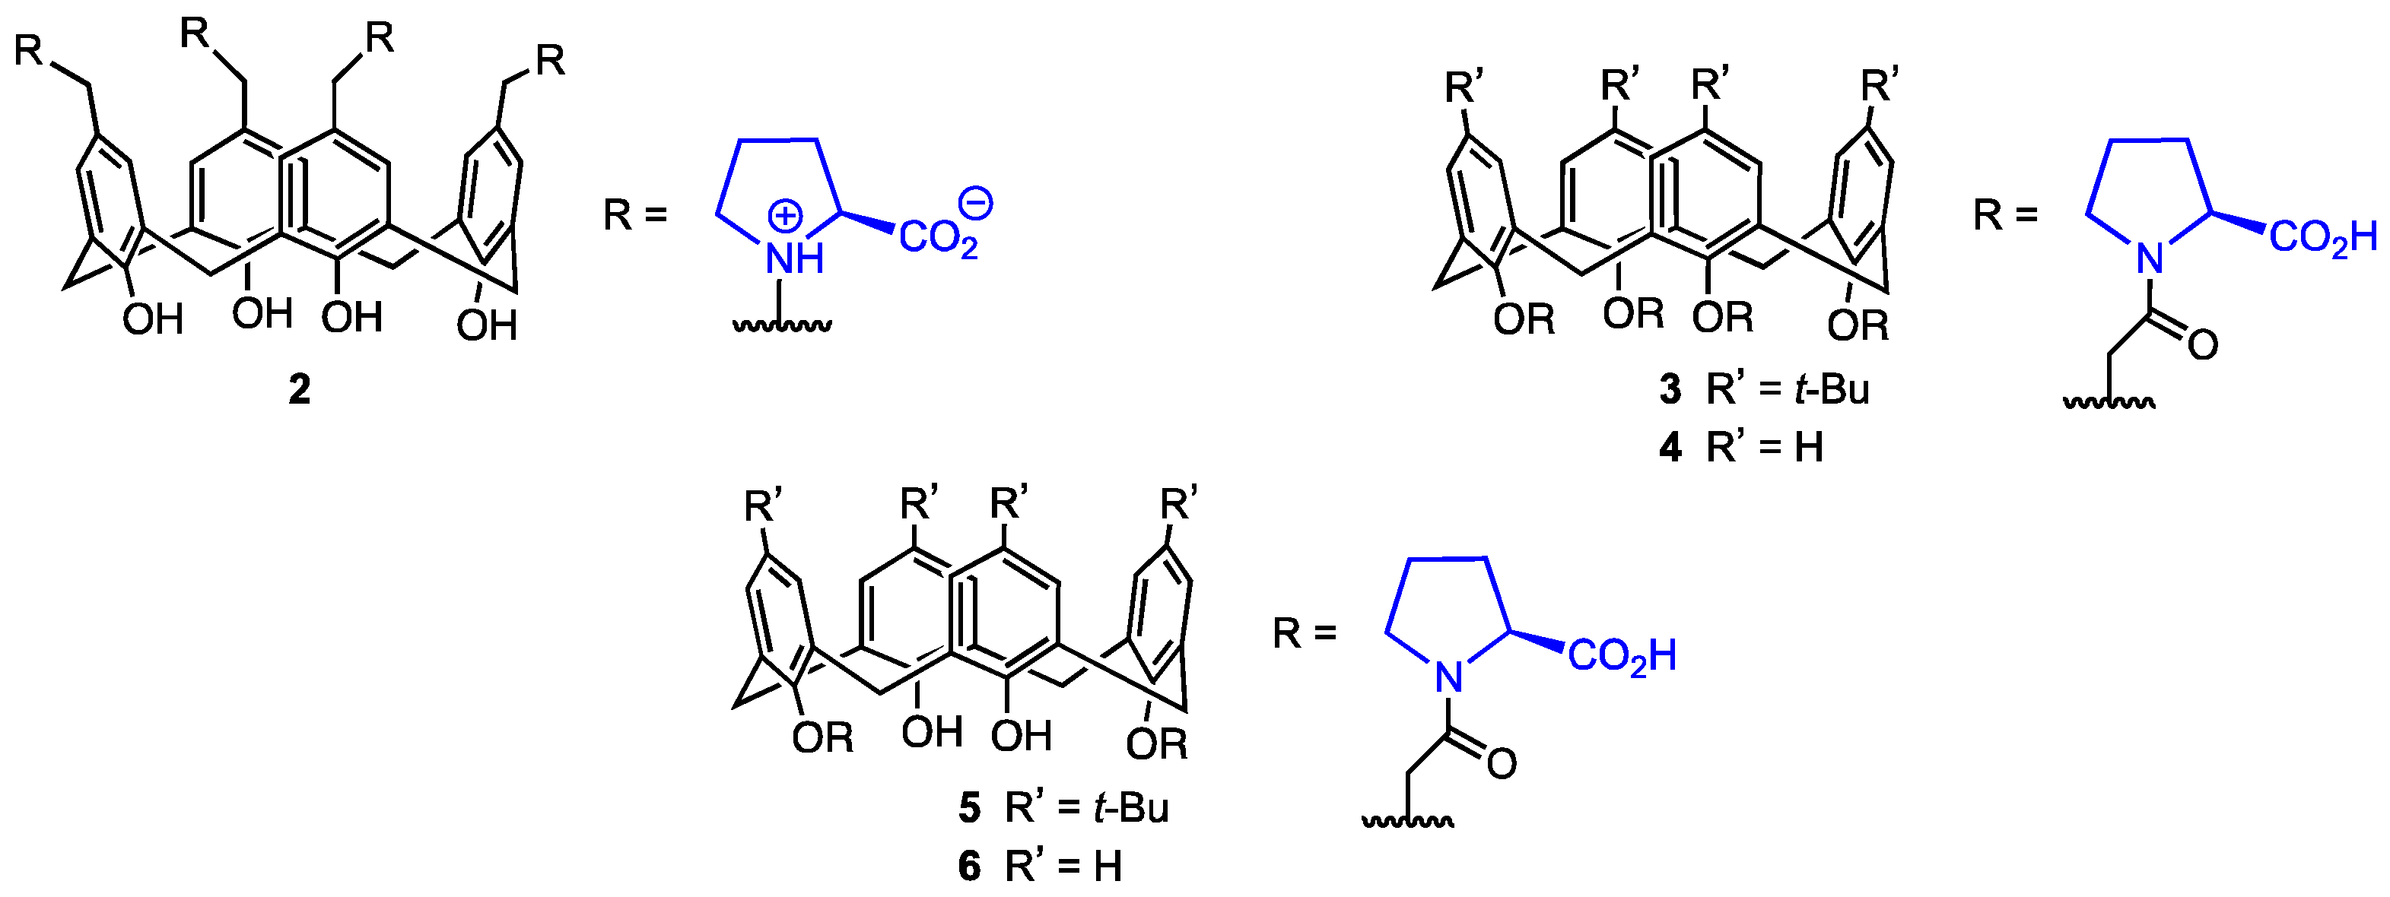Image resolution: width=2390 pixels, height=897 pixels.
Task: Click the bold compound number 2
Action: coord(299,391)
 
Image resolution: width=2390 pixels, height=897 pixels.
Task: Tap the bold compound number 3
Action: coord(1670,391)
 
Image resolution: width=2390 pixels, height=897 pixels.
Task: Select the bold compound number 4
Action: coord(1670,448)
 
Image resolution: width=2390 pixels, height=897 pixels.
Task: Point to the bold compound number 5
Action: coord(970,809)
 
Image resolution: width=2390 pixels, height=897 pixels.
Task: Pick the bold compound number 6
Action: coord(970,867)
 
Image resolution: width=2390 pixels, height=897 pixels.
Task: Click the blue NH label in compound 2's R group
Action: coord(794,258)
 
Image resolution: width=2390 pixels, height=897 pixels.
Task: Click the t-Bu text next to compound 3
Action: coord(1832,390)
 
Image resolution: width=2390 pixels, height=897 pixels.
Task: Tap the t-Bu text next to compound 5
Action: coord(1131,808)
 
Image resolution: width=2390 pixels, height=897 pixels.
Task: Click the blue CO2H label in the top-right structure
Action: coord(2323,237)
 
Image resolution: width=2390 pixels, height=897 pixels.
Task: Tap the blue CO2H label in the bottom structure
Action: coord(1622,657)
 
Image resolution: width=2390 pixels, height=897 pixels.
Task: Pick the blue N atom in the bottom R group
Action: coord(1448,677)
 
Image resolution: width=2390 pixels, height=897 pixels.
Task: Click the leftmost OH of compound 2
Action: coord(153,320)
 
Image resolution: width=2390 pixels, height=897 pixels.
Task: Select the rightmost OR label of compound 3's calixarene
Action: coord(1858,325)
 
